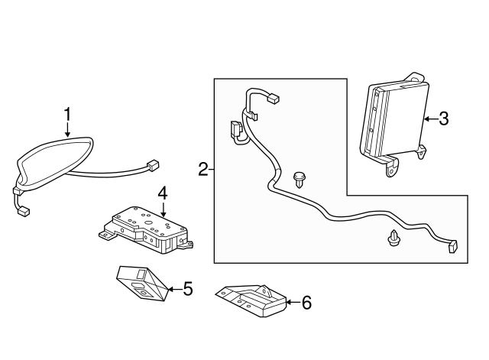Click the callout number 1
tap(68, 115)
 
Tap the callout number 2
tap(203, 169)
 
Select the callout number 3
tap(444, 118)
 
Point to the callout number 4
tap(163, 193)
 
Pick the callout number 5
tap(188, 289)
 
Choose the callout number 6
tap(307, 302)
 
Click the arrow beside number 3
tap(431, 119)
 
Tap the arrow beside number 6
tap(293, 302)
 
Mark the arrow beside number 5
tap(175, 290)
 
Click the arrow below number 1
tap(68, 130)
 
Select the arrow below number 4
tap(163, 209)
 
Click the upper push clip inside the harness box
tap(299, 180)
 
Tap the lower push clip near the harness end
tap(394, 238)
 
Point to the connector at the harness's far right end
tap(453, 246)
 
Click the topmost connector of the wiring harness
tap(274, 99)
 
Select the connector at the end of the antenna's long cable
tap(153, 165)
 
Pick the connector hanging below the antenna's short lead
tap(24, 212)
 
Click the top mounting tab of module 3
tap(415, 78)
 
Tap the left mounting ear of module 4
tap(105, 235)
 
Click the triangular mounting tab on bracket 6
tap(264, 290)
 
